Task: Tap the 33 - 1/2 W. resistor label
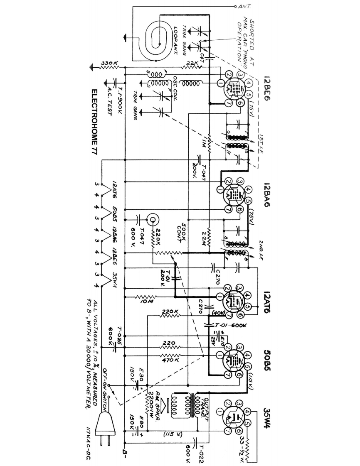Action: [x=241, y=444]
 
